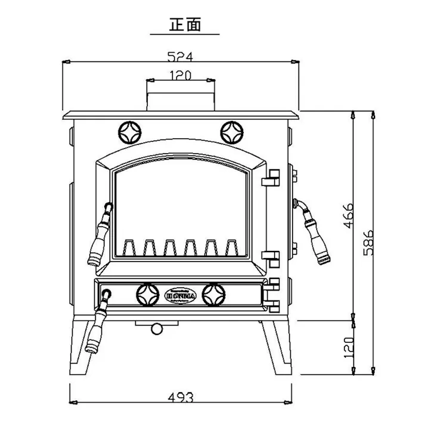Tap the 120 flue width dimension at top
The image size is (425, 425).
pos(179,75)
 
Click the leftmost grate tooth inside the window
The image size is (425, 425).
pos(128,246)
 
